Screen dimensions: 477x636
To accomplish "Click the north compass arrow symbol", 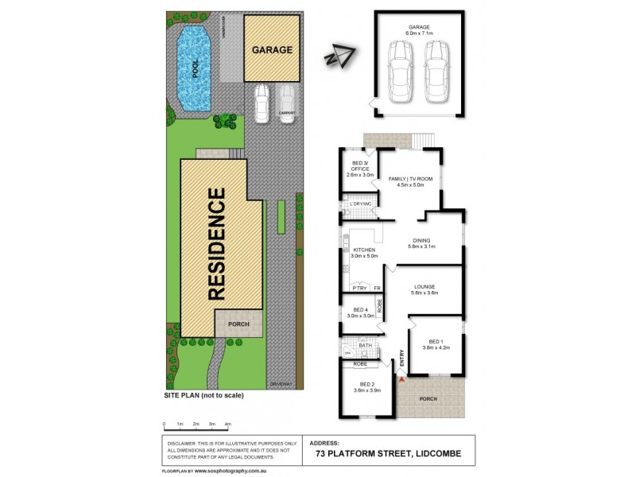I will tap(339, 57).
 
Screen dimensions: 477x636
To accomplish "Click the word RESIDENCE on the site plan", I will tap(219, 245).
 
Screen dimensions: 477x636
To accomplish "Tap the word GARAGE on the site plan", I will tap(273, 49).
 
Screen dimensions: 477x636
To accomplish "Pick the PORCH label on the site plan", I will tap(238, 323).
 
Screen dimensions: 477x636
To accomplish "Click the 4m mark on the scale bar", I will tap(228, 425).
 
